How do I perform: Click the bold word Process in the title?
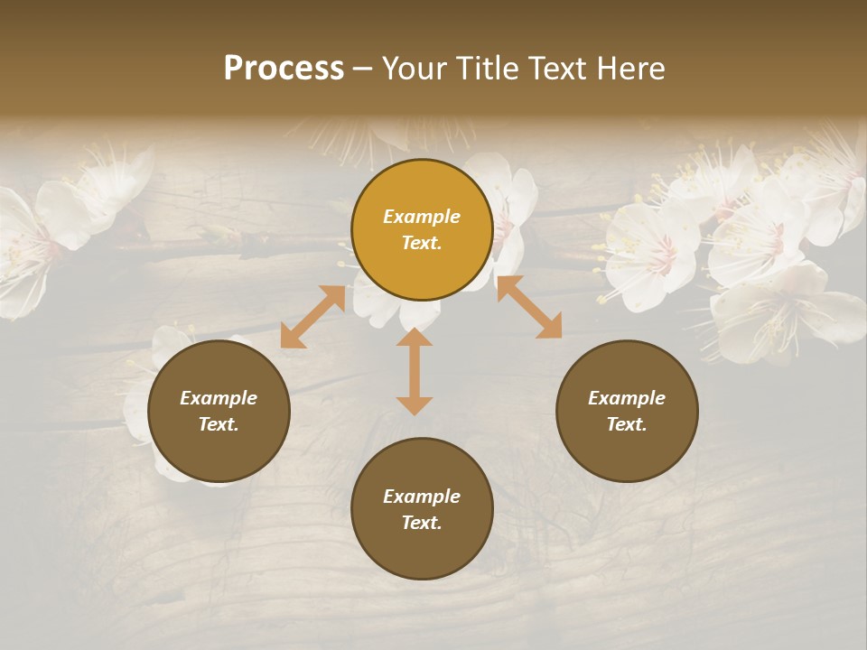284,69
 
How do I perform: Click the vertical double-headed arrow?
415,372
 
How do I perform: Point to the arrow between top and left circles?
312,317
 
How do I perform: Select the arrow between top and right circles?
529,307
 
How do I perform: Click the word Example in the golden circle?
422,217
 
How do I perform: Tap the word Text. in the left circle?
219,424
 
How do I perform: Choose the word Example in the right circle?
627,398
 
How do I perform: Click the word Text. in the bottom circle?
422,523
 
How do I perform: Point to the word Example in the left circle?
219,398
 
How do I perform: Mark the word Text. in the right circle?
627,424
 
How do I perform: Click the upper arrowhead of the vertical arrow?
415,339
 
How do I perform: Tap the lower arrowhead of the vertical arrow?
415,405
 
